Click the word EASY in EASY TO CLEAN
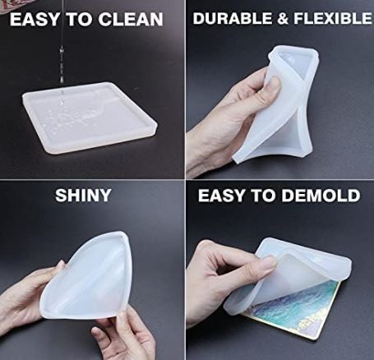click(x=35, y=19)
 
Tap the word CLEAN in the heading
click(x=131, y=19)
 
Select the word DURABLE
click(x=232, y=18)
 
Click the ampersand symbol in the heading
click(x=282, y=18)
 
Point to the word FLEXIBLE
click(x=333, y=18)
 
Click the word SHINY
click(x=83, y=195)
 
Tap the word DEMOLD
click(x=321, y=196)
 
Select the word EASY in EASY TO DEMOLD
click(x=222, y=196)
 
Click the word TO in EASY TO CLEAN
click(x=79, y=19)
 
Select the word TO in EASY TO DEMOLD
click(x=263, y=196)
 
